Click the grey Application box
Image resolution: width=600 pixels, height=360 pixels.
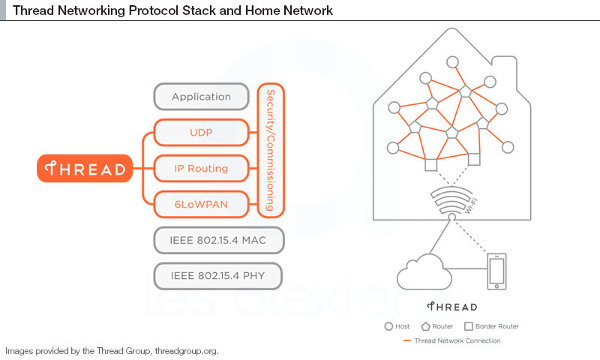point(201,97)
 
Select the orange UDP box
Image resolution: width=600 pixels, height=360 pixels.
point(200,133)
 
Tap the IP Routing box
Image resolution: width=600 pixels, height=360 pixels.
point(200,169)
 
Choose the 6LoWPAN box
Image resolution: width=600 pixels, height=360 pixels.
point(200,204)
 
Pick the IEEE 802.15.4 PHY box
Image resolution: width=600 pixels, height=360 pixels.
point(219,275)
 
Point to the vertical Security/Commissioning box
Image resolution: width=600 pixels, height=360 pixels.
point(271,151)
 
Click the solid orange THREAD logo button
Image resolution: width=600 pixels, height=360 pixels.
point(85,169)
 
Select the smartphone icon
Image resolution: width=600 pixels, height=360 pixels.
point(496,271)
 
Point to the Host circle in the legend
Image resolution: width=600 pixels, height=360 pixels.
point(388,326)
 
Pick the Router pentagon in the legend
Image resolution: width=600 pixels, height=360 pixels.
point(426,326)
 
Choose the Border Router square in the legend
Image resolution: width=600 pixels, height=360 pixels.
point(469,326)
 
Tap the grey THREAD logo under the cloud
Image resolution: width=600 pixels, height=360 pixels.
point(452,307)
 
